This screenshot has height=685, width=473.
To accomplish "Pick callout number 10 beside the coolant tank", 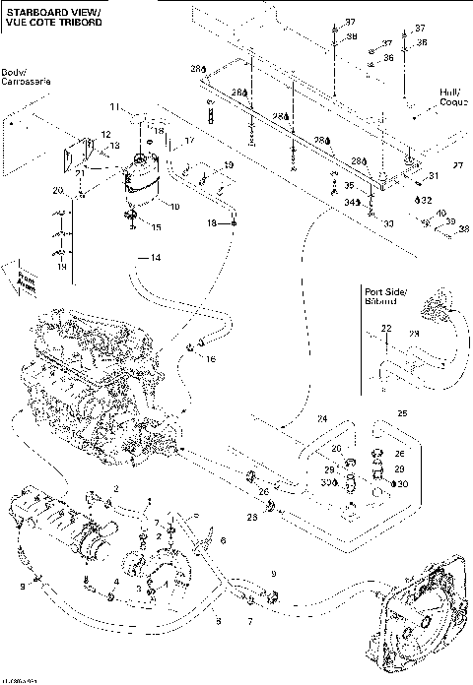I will [x=174, y=207].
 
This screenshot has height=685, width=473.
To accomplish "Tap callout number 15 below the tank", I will [x=155, y=227].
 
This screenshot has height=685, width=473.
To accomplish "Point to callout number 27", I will [x=455, y=165].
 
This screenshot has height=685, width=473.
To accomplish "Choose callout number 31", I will [x=431, y=177].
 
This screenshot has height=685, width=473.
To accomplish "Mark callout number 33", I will [x=387, y=223].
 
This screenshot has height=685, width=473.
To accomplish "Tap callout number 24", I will [x=320, y=419].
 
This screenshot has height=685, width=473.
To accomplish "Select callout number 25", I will [x=401, y=412].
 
